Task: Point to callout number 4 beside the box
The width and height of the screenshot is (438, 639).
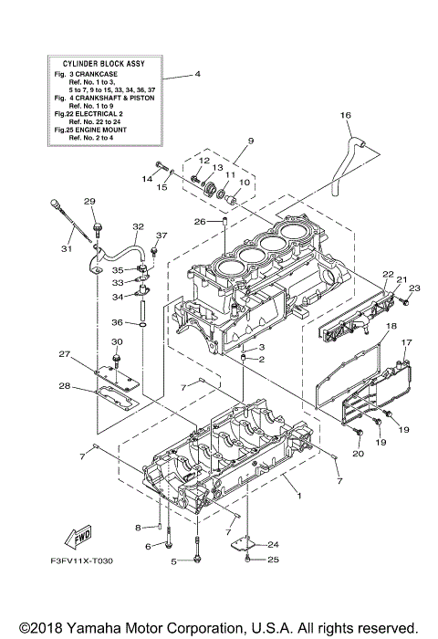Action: [x=197, y=74]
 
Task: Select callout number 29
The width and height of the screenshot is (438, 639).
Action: [x=90, y=202]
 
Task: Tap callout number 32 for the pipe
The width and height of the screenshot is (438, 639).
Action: [x=138, y=226]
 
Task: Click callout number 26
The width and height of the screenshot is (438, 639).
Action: [x=197, y=221]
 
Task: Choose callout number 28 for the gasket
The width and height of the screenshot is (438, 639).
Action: [x=65, y=386]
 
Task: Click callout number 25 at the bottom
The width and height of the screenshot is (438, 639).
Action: [x=246, y=560]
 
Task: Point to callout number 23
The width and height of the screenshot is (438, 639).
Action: [x=412, y=288]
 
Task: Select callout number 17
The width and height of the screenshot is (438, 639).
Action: [x=408, y=342]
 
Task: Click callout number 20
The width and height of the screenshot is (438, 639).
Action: [x=358, y=453]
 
